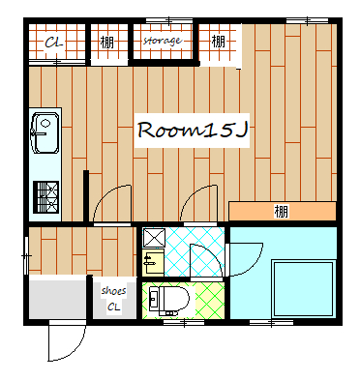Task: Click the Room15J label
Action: coord(193,131)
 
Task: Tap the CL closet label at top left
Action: coord(53,43)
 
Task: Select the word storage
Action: coord(162,41)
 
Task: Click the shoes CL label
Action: coord(113,299)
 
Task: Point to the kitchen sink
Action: coord(45,132)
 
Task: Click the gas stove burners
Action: coord(46,197)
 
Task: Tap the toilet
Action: coord(168,301)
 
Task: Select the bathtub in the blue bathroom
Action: coord(303,289)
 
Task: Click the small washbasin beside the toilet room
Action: coord(153,262)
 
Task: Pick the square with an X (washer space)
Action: coord(154,238)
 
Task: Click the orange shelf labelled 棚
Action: coord(283,211)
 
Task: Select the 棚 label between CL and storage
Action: coord(106,43)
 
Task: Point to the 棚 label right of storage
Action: coord(219,41)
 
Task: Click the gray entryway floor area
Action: coord(57,297)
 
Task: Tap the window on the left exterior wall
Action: coord(26,255)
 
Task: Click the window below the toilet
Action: coord(184,322)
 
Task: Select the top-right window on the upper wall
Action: coord(308,21)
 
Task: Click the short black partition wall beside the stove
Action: coord(86,196)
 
